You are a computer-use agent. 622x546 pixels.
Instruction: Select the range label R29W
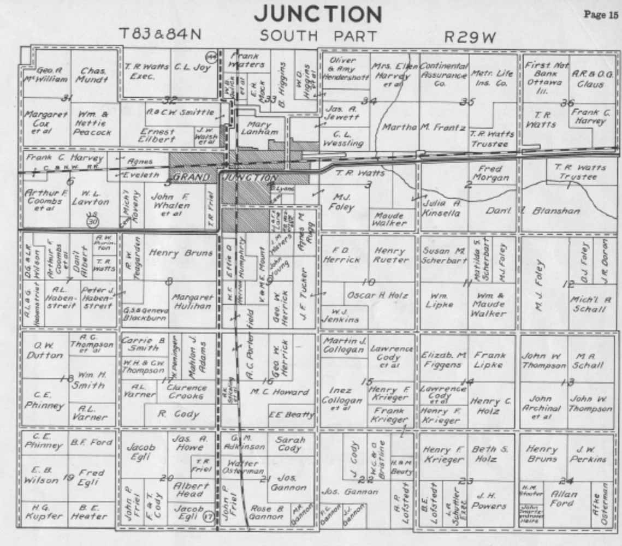[470, 37]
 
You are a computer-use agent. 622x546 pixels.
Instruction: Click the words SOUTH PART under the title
[318, 36]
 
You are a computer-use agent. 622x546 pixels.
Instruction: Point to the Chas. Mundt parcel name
[93, 75]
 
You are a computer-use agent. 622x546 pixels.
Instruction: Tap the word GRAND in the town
[191, 177]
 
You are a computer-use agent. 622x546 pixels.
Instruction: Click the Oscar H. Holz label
[377, 295]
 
